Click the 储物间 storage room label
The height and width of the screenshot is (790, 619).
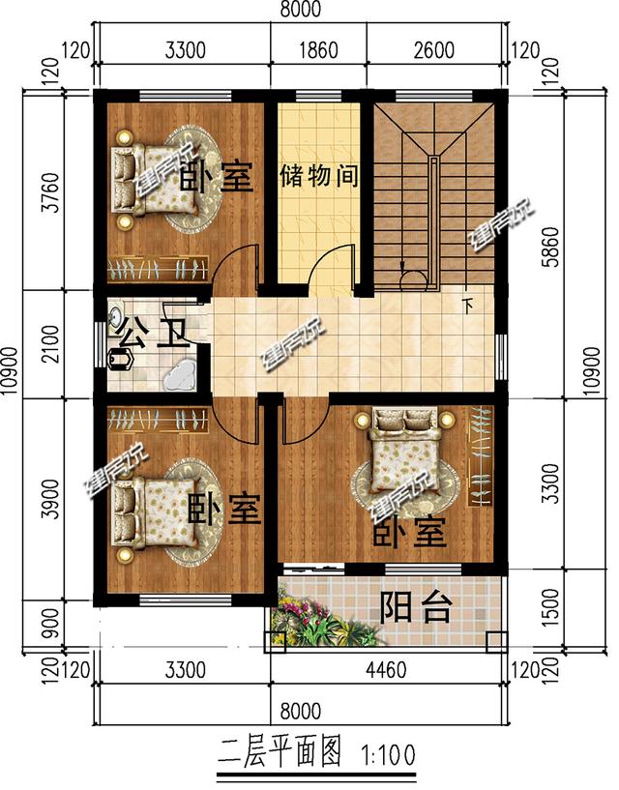point(320,177)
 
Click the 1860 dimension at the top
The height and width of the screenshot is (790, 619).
point(318,51)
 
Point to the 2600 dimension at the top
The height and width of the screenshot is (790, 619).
point(434,51)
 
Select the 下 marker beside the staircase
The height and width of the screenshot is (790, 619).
point(469,307)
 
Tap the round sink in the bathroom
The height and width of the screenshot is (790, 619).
point(115,316)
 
